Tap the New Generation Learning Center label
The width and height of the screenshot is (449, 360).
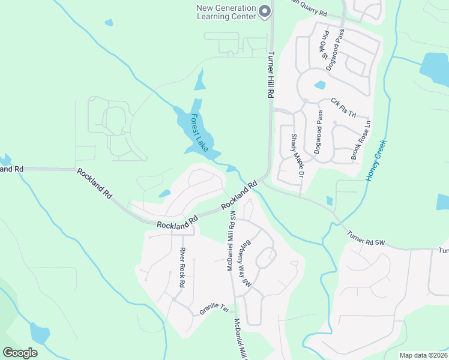click(x=226, y=12)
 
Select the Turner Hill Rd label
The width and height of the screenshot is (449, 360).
click(x=270, y=74)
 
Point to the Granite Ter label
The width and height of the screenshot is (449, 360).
click(x=214, y=311)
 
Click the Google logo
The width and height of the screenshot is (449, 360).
click(x=20, y=353)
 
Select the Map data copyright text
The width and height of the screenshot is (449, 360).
click(x=423, y=355)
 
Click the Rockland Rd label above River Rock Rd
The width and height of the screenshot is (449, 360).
click(x=178, y=223)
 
